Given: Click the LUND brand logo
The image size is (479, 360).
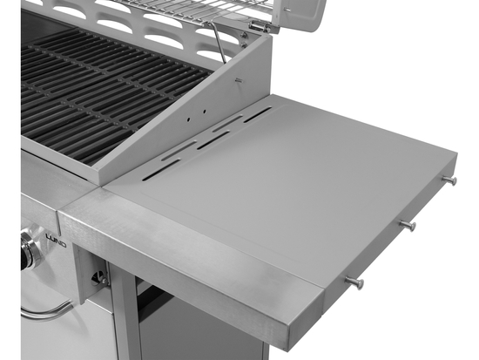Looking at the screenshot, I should pos(54,245).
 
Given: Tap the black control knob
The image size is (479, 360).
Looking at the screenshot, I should pos(32,249).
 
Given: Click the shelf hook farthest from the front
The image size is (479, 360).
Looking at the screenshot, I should pos(449,180).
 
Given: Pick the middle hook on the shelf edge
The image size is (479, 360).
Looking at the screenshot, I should pos(407,226).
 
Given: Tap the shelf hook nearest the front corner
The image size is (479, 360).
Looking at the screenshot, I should pos(354,282).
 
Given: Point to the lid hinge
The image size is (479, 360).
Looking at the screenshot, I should pos(259,28).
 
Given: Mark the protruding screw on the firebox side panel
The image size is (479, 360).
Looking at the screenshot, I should pos(238,80).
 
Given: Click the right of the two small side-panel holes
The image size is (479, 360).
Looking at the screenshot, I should pos(205,111).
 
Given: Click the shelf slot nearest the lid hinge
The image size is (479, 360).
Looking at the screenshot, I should pos(257,114).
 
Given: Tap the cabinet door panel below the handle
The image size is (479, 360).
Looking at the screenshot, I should pos(61,340).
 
